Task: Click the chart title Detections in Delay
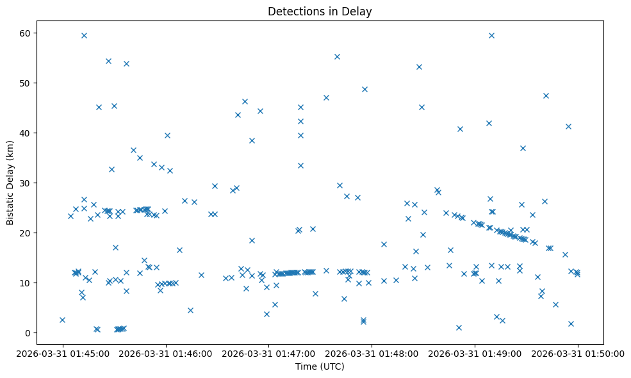(320, 12)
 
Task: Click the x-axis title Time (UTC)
(320, 366)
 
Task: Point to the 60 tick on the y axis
(28, 33)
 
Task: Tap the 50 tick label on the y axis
(28, 83)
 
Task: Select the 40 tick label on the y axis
(28, 133)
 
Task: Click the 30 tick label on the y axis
(28, 183)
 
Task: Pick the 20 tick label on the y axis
(28, 233)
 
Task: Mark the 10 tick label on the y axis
(28, 283)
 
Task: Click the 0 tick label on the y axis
(30, 333)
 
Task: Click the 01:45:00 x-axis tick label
(63, 353)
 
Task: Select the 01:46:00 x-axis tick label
(166, 353)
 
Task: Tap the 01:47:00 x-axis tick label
(269, 353)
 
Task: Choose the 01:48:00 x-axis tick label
(372, 353)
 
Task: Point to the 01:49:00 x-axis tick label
(475, 353)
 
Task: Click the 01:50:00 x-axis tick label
(578, 353)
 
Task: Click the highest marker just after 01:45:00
(84, 35)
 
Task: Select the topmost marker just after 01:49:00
(491, 35)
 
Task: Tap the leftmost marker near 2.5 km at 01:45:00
(62, 320)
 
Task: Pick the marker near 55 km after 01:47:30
(337, 56)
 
